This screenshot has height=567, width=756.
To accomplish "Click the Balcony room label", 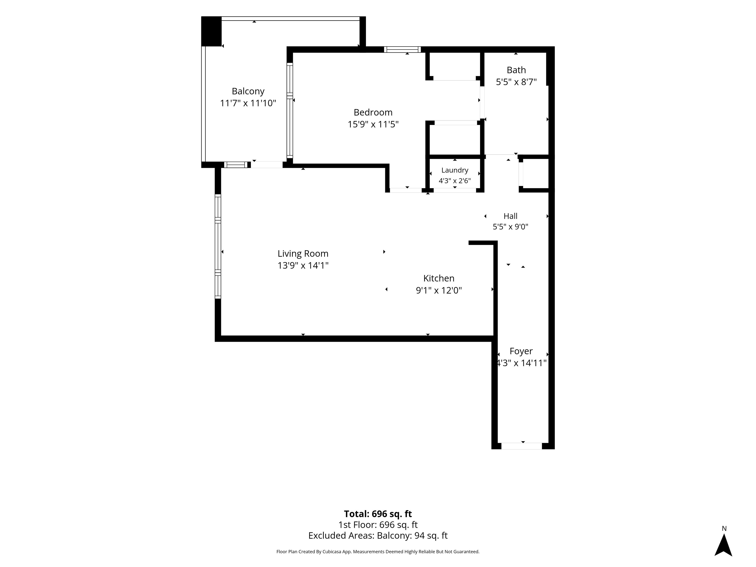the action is tap(248, 91).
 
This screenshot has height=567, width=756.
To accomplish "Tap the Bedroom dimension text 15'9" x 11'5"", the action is tap(373, 124).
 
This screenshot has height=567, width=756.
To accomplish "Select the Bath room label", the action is tap(516, 70).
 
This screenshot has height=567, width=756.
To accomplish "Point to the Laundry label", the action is tap(455, 170).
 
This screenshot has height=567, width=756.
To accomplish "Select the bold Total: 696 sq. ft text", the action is tap(378, 514).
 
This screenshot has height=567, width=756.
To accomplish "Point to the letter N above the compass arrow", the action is tap(724, 528).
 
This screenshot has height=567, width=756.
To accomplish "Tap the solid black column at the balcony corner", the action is tap(212, 31).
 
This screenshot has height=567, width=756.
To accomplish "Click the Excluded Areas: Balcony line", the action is tap(378, 535).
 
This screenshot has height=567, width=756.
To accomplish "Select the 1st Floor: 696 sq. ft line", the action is tap(378, 525).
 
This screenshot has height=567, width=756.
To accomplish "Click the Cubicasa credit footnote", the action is tap(378, 552).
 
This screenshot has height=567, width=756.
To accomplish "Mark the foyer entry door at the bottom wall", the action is tap(521, 446).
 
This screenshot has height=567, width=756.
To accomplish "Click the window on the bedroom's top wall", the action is tap(402, 49).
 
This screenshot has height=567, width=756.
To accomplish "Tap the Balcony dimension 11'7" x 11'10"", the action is tap(248, 103).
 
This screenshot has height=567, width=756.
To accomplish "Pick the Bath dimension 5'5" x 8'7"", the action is tap(516, 82).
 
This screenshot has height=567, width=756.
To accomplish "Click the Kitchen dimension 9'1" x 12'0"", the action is tap(439, 290).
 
